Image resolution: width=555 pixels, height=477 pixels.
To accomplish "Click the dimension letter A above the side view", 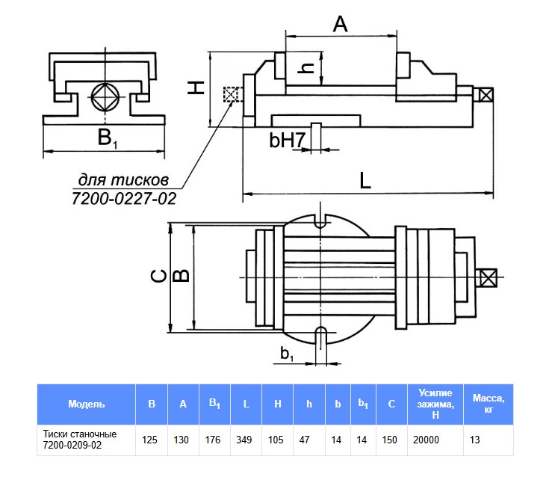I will click(x=340, y=24).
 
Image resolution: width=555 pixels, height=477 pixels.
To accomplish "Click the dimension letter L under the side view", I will click(x=363, y=180).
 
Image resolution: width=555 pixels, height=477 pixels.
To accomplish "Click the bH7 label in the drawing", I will click(x=286, y=140).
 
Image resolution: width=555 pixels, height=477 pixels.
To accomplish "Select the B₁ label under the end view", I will click(x=104, y=138).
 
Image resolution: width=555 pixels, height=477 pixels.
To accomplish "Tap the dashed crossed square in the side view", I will click(x=232, y=94).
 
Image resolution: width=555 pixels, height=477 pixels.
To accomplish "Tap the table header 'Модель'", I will click(x=87, y=404).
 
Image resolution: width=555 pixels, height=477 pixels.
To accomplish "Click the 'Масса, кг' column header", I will click(x=489, y=404).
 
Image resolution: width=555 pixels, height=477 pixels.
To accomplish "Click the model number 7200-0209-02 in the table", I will click(x=72, y=446).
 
